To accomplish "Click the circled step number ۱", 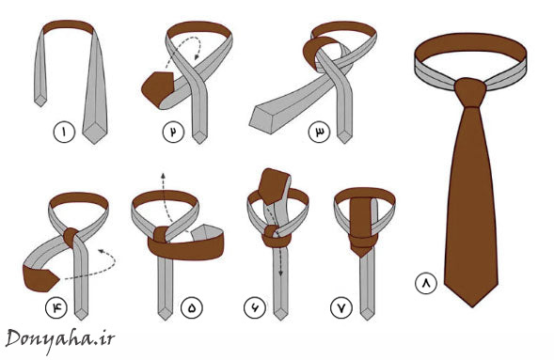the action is click(64, 132).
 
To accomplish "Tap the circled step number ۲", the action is click(173, 132).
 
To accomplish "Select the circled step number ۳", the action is click(319, 132).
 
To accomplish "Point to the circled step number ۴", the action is click(55, 307).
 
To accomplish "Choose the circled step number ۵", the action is click(192, 307).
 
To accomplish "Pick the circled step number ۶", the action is click(254, 307).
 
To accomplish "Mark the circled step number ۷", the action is click(341, 307).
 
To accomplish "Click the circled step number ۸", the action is click(426, 283).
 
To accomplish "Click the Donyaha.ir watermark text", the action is click(60, 339).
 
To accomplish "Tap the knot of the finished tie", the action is click(470, 92).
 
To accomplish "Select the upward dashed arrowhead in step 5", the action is click(163, 176).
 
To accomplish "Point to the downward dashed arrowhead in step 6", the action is click(281, 273).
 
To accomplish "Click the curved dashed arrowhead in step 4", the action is click(102, 251).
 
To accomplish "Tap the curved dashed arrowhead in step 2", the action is click(197, 55).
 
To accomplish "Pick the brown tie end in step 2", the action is click(157, 88).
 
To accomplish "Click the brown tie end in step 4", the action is click(40, 278).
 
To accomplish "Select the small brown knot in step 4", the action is click(71, 236).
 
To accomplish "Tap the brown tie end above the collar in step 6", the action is click(274, 186).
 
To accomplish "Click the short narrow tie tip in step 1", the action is click(40, 100).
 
